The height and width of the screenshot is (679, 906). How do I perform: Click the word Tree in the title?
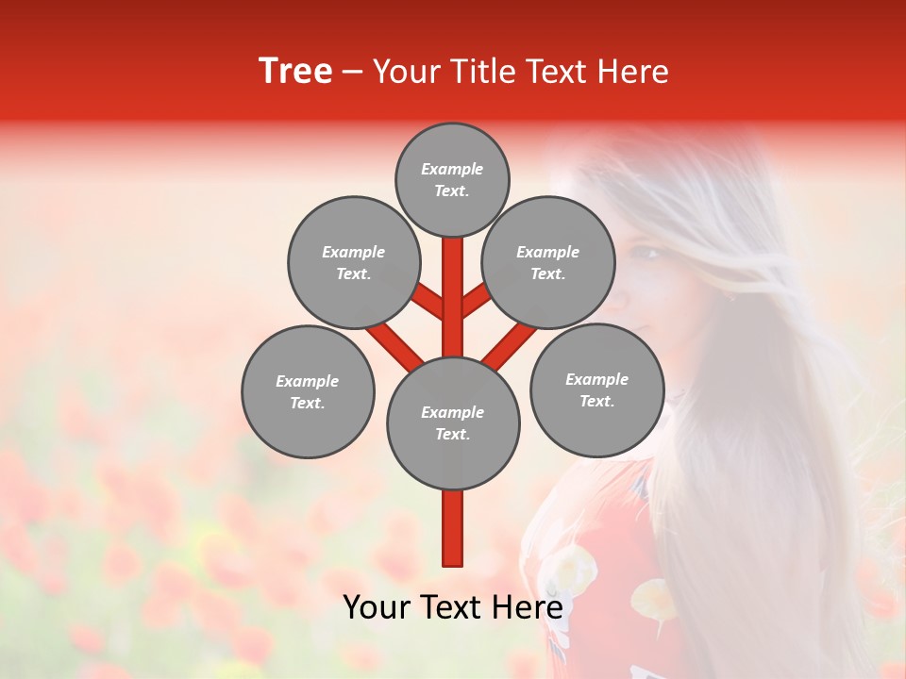[x=295, y=72]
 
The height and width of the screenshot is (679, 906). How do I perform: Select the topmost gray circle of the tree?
[x=452, y=179]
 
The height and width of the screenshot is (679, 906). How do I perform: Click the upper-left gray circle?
[x=353, y=262]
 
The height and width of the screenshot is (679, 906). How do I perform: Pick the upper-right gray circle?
[x=547, y=262]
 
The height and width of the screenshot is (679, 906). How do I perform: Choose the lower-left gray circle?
[x=307, y=391]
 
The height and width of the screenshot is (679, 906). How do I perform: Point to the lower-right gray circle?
[x=596, y=389]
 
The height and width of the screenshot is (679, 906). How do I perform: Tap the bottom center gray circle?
[x=452, y=422]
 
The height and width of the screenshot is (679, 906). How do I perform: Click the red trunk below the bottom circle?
[x=452, y=528]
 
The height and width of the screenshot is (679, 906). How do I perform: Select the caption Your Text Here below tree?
[x=452, y=607]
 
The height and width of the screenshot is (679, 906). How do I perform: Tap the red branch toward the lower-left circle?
[x=394, y=343]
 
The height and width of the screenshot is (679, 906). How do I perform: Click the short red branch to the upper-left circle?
[x=428, y=302]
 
